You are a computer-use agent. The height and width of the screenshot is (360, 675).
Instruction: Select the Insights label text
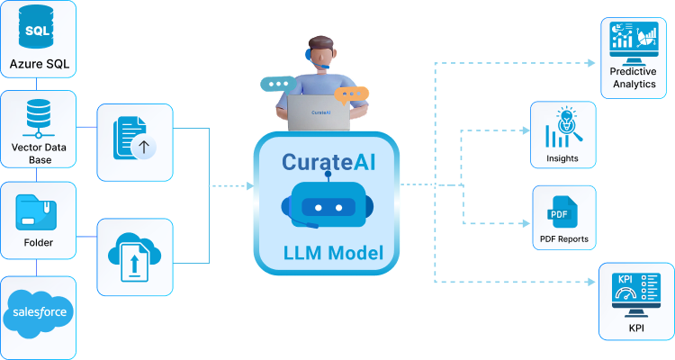pyautogui.click(x=562, y=159)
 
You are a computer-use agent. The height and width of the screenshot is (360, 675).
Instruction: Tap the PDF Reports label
pyautogui.click(x=563, y=239)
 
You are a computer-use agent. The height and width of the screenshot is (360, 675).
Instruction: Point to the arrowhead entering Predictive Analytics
pyautogui.click(x=591, y=63)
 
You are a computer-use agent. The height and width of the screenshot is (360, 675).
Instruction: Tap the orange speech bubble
pyautogui.click(x=351, y=94)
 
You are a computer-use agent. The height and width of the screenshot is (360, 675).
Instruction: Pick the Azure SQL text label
pyautogui.click(x=38, y=64)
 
